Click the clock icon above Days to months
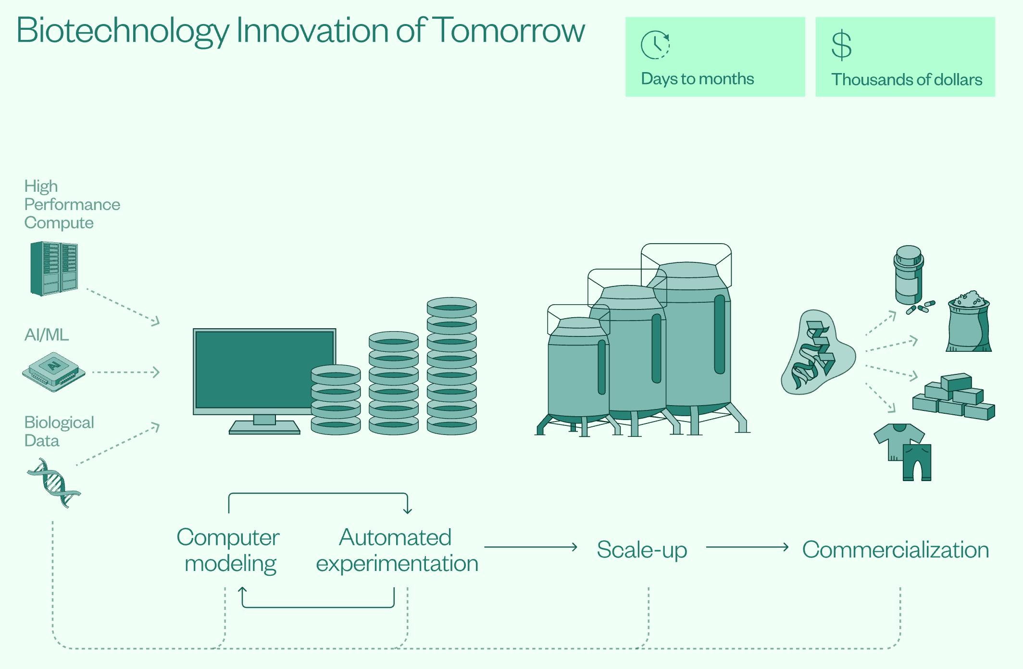(655, 45)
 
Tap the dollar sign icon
(841, 45)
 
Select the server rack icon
(54, 268)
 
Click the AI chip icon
(54, 372)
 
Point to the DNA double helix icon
(53, 483)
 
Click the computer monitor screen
(264, 369)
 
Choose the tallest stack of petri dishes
(451, 366)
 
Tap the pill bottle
(909, 276)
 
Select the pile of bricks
(954, 396)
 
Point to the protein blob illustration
(817, 352)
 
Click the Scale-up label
(642, 550)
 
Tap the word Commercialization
(896, 550)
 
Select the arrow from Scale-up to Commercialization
(748, 547)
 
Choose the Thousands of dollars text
(907, 79)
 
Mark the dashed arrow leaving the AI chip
(125, 372)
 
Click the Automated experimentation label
(397, 551)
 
